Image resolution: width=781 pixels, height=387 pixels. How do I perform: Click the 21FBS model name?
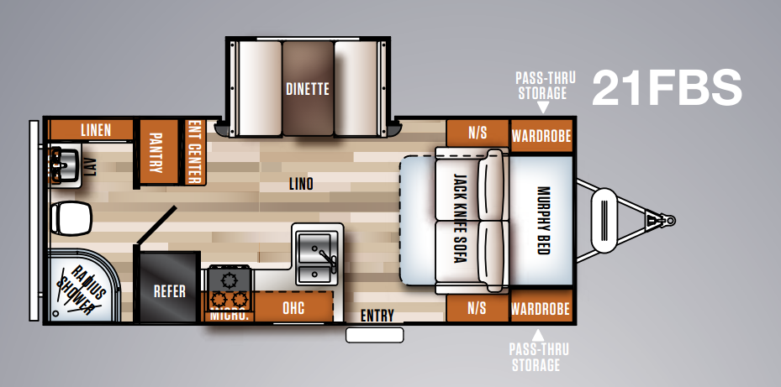[667, 87]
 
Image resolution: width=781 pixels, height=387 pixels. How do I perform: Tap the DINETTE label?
[307, 88]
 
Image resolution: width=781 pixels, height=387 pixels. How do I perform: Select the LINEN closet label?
[96, 129]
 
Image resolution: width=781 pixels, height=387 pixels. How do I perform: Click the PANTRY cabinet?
[156, 153]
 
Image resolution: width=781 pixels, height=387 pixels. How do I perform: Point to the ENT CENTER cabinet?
[193, 151]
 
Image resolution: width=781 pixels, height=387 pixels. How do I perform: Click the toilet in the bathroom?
[71, 219]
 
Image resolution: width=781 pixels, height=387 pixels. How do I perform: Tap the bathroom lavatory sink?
[63, 164]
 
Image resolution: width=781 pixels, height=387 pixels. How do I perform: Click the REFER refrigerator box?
[169, 292]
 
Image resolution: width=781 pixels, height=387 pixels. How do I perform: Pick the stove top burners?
[227, 288]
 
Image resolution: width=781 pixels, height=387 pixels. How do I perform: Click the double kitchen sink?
[318, 256]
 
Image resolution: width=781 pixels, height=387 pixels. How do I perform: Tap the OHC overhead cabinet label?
[293, 308]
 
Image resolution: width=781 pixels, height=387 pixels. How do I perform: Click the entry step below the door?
[374, 335]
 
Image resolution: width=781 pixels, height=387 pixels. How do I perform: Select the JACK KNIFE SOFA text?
[459, 220]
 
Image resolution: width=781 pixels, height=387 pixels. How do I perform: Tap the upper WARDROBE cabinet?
[541, 135]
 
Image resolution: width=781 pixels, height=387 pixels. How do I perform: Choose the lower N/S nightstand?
[477, 308]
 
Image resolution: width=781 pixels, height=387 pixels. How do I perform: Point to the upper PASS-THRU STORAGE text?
[541, 86]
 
